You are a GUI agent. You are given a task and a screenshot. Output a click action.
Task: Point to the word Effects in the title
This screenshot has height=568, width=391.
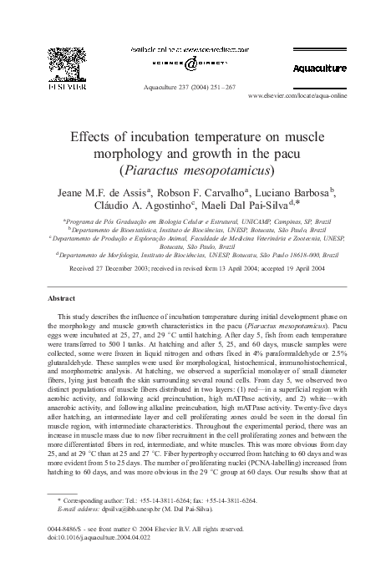click(x=93, y=135)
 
